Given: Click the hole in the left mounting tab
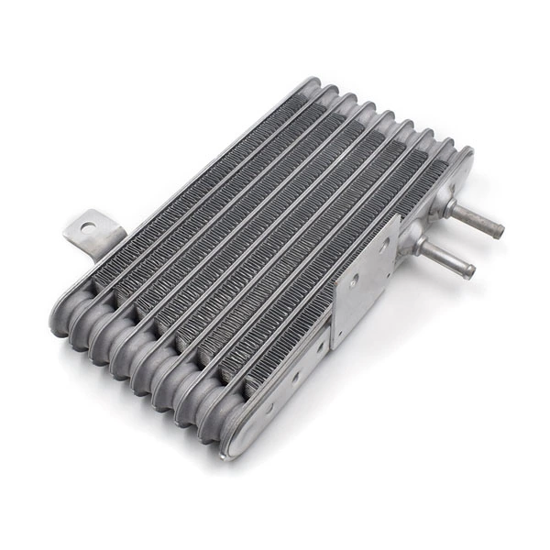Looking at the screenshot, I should [87, 225].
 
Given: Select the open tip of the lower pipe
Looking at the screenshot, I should [470, 271].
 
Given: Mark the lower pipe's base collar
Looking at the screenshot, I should [421, 246].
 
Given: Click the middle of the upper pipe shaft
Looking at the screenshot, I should [475, 219].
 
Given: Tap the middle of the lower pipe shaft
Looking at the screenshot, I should [446, 259].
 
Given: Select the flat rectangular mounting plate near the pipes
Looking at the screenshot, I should [364, 280].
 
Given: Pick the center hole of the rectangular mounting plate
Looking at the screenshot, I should [354, 280].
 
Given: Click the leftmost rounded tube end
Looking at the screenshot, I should [66, 316].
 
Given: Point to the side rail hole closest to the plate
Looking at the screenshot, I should [320, 346].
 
